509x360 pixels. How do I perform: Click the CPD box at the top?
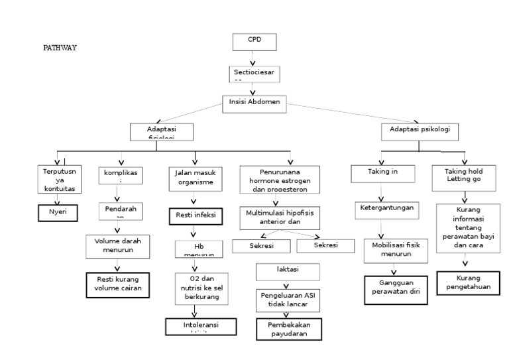click(x=254, y=41)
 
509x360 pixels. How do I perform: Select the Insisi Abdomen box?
click(x=254, y=101)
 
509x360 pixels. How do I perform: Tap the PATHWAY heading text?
click(x=60, y=48)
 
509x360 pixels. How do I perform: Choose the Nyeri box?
click(x=58, y=212)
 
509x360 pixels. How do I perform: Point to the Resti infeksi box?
click(x=194, y=215)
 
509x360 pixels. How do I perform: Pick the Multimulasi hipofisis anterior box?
click(x=274, y=218)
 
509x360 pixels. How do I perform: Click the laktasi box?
click(x=288, y=271)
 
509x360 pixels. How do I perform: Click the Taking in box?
click(x=382, y=173)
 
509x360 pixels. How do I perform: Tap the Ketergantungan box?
click(x=386, y=208)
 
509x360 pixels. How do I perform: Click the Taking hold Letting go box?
click(x=463, y=175)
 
